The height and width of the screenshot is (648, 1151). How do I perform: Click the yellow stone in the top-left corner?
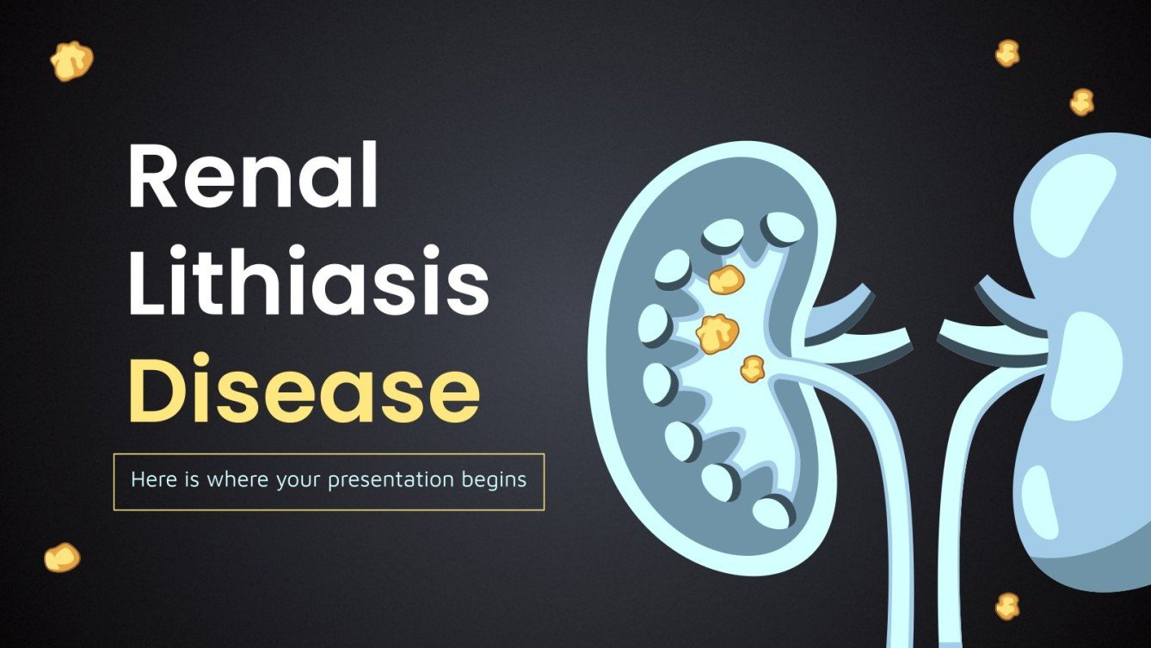(x=71, y=61)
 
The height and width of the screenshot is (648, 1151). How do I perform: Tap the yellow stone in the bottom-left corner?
(x=62, y=558)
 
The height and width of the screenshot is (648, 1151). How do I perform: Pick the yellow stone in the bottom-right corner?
(x=1007, y=606)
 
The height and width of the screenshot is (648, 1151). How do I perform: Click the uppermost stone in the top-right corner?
(x=1007, y=53)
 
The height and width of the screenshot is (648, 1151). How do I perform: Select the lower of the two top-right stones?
(x=1082, y=102)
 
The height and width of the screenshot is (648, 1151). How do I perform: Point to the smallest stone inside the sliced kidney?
(x=753, y=368)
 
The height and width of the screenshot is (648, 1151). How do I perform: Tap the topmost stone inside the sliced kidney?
(x=726, y=279)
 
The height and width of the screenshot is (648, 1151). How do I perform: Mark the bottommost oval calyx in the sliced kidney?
(x=773, y=512)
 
